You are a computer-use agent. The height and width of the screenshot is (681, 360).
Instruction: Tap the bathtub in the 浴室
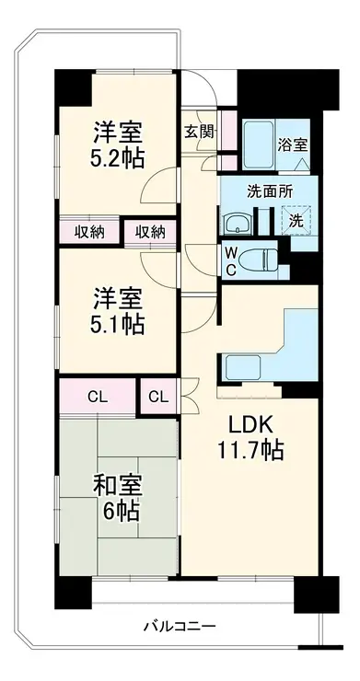pos(259,144)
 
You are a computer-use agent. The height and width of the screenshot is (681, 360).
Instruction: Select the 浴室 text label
pos(293,145)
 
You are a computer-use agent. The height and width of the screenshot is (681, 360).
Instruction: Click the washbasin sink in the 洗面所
pos(237,224)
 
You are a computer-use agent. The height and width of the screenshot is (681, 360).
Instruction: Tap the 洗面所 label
pos(270,191)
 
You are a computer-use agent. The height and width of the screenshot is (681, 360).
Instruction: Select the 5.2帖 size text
pos(118,159)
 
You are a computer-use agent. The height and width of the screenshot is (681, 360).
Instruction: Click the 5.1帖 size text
pos(118,325)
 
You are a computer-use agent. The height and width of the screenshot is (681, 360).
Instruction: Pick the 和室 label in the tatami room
pos(118,488)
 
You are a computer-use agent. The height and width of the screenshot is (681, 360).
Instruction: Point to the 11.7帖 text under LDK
pos(250,450)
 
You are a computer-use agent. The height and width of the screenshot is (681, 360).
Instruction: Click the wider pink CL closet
pos(98,396)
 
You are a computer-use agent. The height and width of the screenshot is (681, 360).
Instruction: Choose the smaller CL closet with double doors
pos(158,396)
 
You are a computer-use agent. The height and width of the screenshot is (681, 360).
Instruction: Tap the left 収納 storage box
pos(89,232)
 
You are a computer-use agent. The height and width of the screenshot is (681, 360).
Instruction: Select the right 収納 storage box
pos(150,233)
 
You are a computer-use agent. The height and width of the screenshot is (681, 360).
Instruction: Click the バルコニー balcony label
pos(180,627)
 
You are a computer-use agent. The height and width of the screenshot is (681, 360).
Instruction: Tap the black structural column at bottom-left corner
pos(73,592)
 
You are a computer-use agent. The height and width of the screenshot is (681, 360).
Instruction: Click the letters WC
pos(231,261)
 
